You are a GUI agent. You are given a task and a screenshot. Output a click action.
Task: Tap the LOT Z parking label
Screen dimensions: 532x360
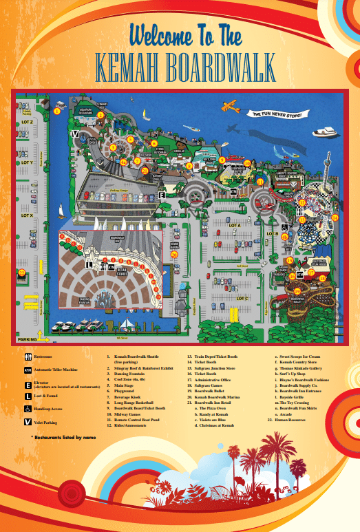pos(28,123)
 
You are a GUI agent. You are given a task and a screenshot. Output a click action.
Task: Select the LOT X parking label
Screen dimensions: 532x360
pos(28,215)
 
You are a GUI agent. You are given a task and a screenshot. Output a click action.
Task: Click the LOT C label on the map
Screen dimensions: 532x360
pos(242,299)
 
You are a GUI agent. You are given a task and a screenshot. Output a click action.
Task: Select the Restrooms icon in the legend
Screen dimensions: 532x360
pos(28,357)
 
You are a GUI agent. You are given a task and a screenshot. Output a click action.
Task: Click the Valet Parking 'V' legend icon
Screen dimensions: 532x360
pos(28,422)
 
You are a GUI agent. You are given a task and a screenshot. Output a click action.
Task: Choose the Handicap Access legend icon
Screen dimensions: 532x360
pos(28,409)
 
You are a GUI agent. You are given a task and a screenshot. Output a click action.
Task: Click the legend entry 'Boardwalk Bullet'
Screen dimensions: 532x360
pos(207,392)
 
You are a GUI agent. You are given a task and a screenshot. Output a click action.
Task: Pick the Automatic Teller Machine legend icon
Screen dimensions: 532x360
pos(28,370)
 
